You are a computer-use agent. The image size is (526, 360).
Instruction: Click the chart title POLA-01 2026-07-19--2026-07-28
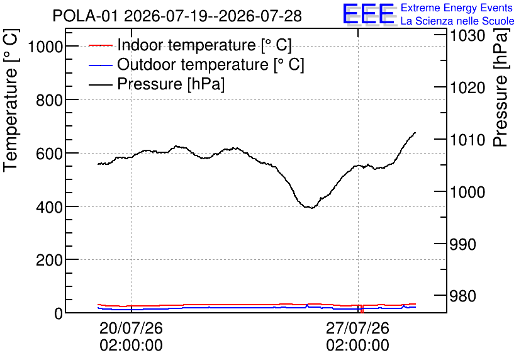pyautogui.click(x=177, y=16)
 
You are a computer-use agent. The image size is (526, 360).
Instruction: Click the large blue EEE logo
pyautogui.click(x=369, y=14)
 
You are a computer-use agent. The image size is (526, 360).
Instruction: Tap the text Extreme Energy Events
pyautogui.click(x=457, y=8)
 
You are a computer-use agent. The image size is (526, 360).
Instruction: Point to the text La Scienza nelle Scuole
pyautogui.click(x=457, y=21)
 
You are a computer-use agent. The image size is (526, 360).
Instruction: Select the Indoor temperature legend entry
pyautogui.click(x=190, y=45)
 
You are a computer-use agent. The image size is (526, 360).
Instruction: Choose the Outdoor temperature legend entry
pyautogui.click(x=196, y=64)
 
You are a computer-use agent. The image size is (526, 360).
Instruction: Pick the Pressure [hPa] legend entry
pyautogui.click(x=157, y=84)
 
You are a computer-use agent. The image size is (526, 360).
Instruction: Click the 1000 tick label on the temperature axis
pyautogui.click(x=45, y=47)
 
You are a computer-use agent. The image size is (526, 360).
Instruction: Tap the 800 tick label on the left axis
pyautogui.click(x=49, y=99)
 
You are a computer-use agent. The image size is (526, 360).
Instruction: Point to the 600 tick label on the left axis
pyautogui.click(x=49, y=154)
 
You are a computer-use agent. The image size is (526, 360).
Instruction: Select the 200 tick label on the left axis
pyautogui.click(x=49, y=260)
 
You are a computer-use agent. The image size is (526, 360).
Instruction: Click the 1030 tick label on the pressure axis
pyautogui.click(x=467, y=36)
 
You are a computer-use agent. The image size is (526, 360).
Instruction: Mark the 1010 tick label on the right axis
pyautogui.click(x=467, y=140)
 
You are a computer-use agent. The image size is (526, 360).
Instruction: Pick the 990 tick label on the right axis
pyautogui.click(x=462, y=245)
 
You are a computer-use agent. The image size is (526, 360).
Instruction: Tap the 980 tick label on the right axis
pyautogui.click(x=462, y=296)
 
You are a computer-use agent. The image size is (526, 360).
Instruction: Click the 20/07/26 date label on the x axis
pyautogui.click(x=131, y=328)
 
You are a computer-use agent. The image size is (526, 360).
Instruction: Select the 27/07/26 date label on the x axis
pyautogui.click(x=357, y=328)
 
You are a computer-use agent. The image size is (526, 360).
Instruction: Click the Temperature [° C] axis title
pyautogui.click(x=11, y=100)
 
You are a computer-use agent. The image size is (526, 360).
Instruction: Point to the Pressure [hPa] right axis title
pyautogui.click(x=501, y=87)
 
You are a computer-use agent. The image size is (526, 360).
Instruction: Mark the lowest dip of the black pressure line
pyautogui.click(x=312, y=208)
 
